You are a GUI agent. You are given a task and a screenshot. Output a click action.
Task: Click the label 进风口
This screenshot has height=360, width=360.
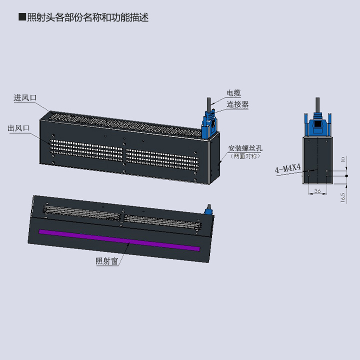[25, 98]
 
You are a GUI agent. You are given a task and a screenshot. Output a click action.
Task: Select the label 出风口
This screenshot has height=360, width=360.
[18, 128]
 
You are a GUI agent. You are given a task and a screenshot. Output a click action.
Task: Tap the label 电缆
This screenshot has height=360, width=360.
[233, 93]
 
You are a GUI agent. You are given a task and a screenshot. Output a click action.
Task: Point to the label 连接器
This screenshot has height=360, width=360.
[237, 104]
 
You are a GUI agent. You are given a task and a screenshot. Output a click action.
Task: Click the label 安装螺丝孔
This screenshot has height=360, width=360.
[245, 148]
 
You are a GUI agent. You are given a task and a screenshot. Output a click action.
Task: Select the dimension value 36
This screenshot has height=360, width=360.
[317, 190]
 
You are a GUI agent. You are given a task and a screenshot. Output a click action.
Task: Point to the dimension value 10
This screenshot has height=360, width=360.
[342, 160]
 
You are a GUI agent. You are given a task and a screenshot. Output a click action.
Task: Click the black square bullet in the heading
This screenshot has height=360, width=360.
[21, 17]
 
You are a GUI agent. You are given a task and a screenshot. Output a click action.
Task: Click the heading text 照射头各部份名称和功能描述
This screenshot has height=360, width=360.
[87, 17]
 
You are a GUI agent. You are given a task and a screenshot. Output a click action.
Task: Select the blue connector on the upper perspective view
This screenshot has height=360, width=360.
[209, 125]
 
